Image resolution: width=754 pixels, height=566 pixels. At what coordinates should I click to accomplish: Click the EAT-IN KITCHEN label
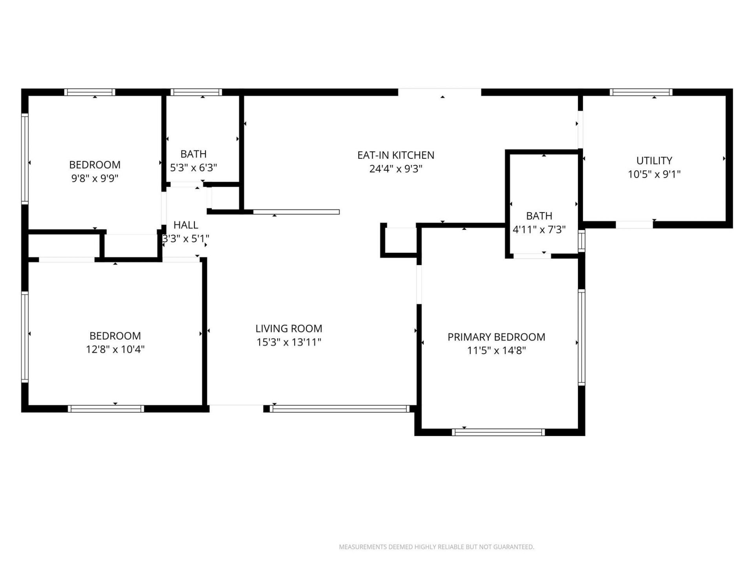point(395,155)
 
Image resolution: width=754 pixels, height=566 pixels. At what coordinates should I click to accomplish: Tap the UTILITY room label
point(654,160)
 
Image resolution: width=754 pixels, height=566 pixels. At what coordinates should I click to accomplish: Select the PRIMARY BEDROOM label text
point(496,337)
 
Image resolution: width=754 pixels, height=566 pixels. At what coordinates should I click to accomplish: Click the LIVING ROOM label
point(289,328)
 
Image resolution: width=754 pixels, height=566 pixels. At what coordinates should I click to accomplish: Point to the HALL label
point(186,225)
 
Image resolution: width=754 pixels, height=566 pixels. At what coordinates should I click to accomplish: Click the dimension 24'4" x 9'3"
point(395,169)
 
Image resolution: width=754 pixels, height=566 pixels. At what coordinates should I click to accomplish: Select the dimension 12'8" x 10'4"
point(115,349)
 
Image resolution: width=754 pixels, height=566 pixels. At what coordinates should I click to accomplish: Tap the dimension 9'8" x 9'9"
point(95,178)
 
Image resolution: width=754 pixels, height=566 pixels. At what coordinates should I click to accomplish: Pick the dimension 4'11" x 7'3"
point(539,229)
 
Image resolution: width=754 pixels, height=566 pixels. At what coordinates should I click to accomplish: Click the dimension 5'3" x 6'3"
point(193,167)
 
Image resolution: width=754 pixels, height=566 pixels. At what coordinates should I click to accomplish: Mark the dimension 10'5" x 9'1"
point(654,174)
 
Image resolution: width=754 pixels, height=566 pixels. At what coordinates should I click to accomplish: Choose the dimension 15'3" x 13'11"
point(289,342)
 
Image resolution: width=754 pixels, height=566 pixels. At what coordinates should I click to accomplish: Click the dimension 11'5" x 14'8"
point(496,350)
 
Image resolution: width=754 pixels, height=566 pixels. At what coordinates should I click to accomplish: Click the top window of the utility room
point(641,92)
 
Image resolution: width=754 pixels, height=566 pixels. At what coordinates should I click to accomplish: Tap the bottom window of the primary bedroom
point(498,432)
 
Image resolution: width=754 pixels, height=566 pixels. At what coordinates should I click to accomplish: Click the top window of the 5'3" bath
point(196,92)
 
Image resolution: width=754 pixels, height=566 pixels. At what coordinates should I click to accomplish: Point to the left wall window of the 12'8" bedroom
point(25,337)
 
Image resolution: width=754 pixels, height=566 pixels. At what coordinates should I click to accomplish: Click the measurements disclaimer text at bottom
point(436,547)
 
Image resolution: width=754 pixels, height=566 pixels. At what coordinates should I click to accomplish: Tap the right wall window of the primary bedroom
point(582,337)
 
